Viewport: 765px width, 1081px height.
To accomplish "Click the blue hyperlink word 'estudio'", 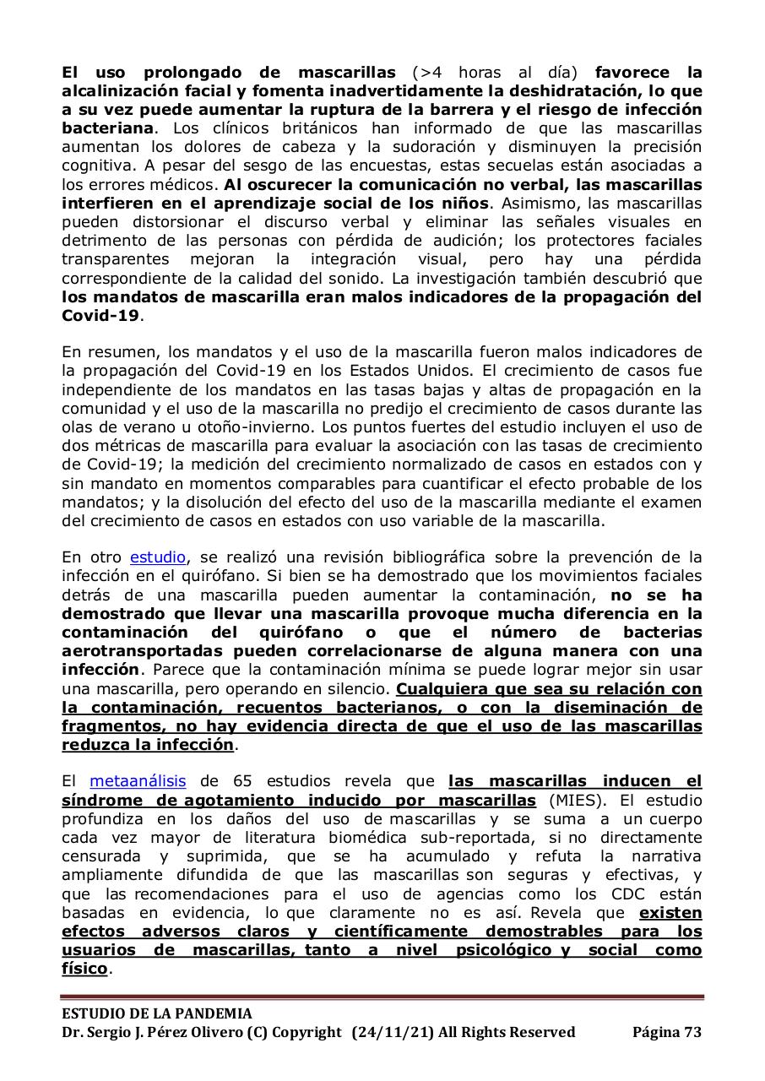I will tap(157, 557).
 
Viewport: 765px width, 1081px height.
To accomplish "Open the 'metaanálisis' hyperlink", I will tap(138, 781).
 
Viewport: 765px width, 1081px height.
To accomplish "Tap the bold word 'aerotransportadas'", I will tap(142, 651).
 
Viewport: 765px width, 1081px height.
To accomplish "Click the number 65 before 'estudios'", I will tap(237, 781).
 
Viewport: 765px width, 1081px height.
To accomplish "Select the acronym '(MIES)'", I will tap(577, 800).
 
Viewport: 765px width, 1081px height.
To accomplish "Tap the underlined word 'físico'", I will tap(84, 969).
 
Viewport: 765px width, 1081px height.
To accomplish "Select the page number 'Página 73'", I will tap(667, 1032).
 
